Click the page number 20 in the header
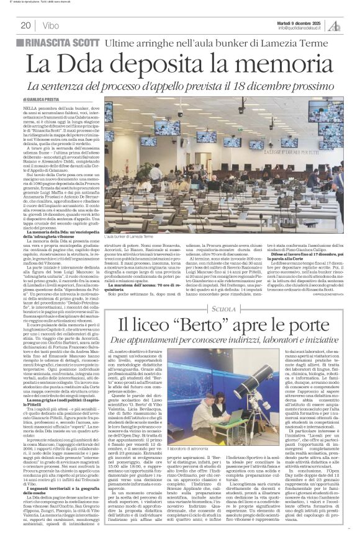[x=25, y=25]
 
